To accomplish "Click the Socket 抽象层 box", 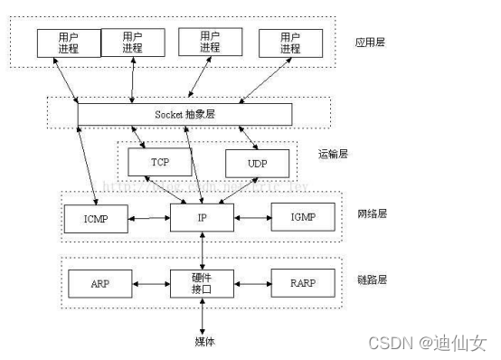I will (x=184, y=115).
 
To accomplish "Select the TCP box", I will (x=158, y=163).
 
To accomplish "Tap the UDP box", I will (x=258, y=163).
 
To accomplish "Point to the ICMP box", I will (x=94, y=218).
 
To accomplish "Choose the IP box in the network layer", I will (x=202, y=218).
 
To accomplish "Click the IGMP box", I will (x=305, y=218).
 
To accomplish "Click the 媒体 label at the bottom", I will (x=203, y=340).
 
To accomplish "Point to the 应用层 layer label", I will (x=371, y=42).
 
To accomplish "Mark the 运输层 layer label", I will (x=336, y=154).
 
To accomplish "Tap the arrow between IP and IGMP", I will (x=252, y=218).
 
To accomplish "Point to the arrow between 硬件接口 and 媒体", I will (x=202, y=316).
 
